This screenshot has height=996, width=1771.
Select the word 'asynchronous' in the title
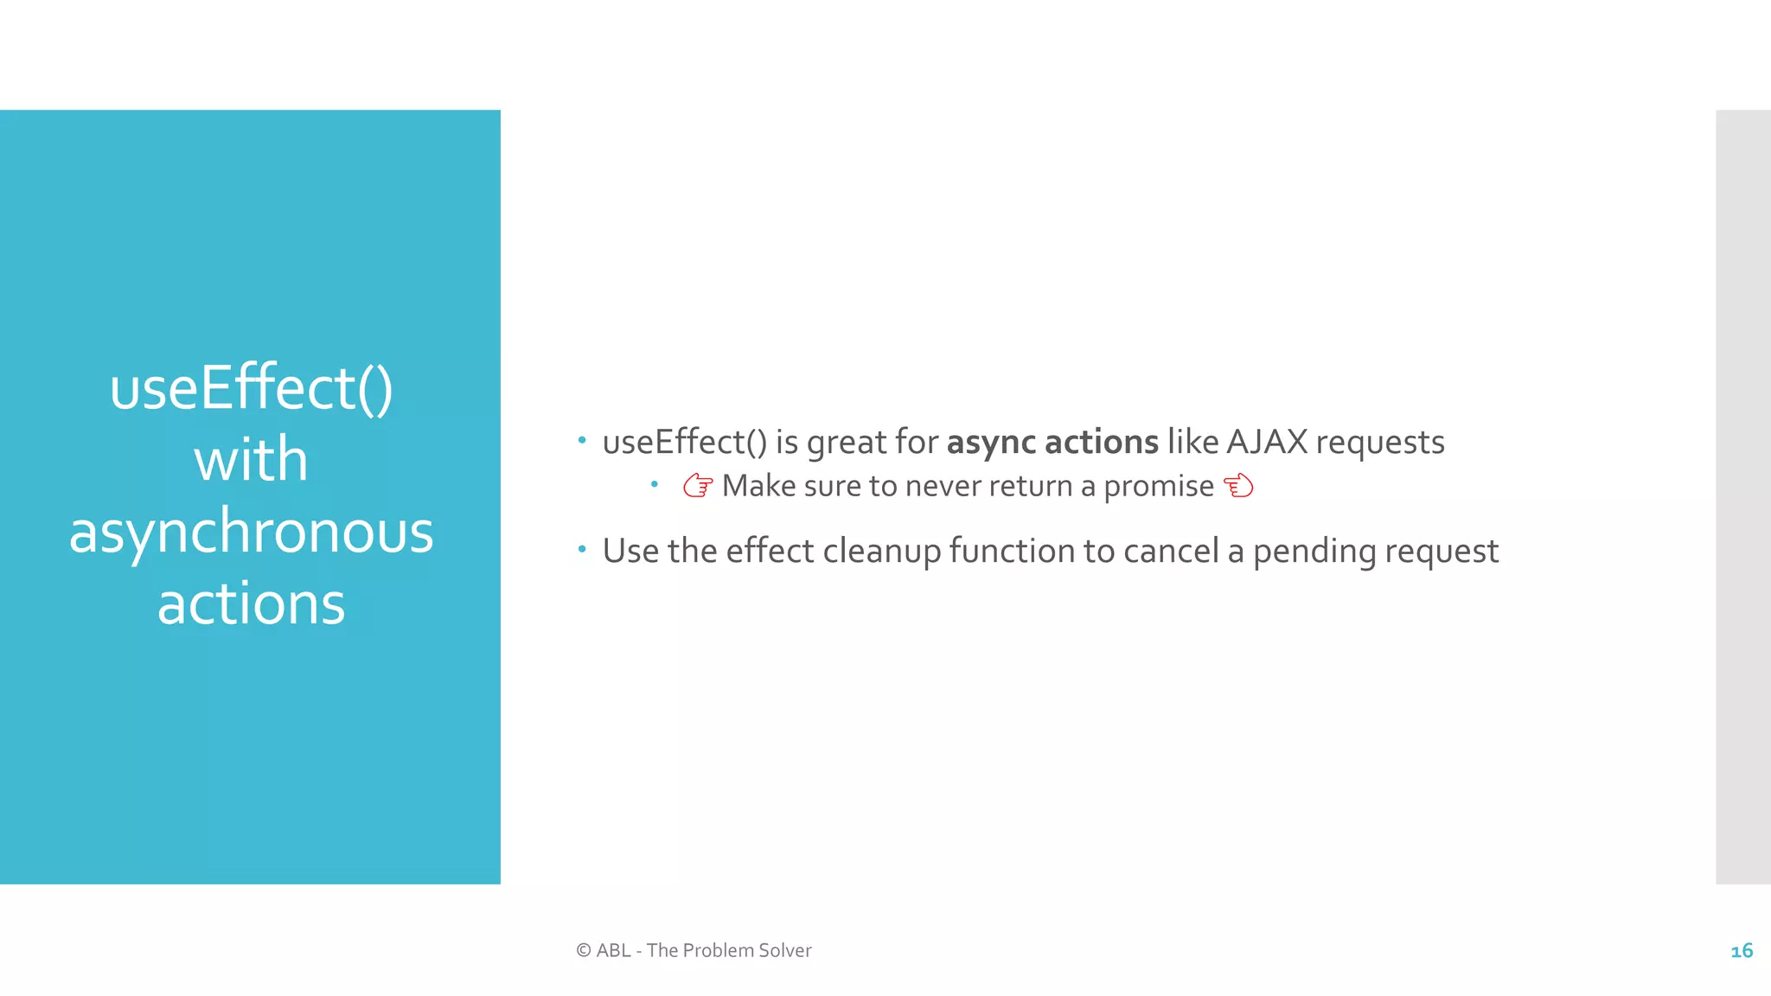(251, 533)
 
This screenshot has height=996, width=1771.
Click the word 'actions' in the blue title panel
(251, 603)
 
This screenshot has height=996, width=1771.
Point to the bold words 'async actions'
(1052, 442)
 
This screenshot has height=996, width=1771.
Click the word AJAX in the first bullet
(1266, 442)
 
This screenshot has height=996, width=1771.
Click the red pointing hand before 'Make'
(698, 486)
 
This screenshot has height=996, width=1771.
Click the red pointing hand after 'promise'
(1238, 486)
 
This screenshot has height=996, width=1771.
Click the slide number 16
(1742, 951)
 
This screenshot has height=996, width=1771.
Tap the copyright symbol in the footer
(584, 950)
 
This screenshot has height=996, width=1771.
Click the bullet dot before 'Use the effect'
(582, 549)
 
